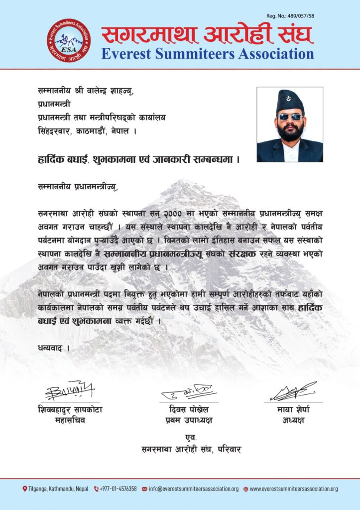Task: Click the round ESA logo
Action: (69, 41)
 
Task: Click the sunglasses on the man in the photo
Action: (290, 117)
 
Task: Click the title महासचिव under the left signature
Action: (70, 420)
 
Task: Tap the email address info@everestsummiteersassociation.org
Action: (194, 489)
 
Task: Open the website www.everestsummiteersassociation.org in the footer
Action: (294, 489)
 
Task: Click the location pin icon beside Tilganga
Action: (25, 489)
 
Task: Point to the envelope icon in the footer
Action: (144, 489)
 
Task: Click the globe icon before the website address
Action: (245, 489)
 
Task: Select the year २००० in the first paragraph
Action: (174, 213)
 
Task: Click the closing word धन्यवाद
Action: (50, 347)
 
